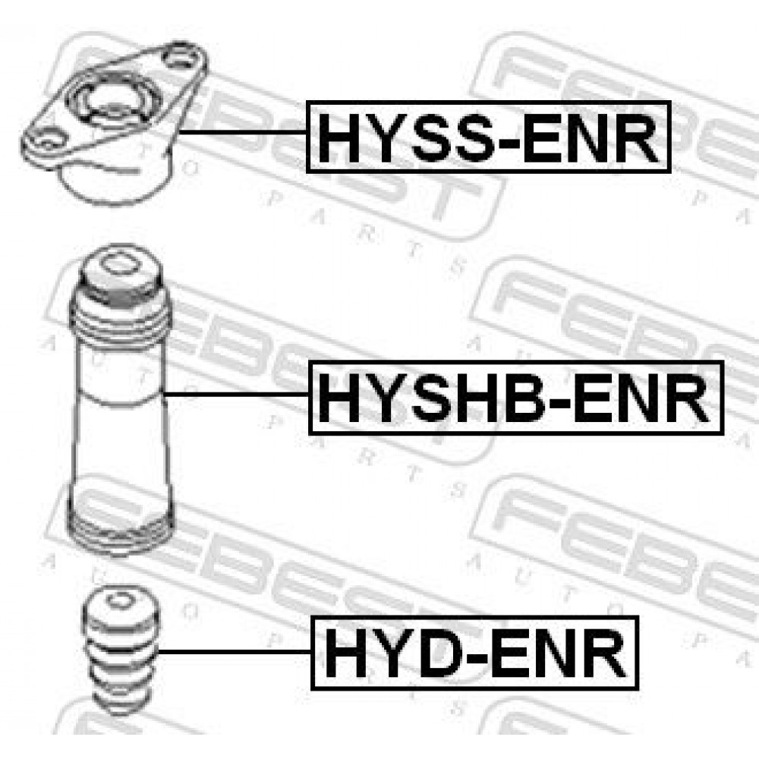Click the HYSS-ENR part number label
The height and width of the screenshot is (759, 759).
(x=488, y=137)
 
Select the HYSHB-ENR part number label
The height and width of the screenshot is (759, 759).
(x=516, y=398)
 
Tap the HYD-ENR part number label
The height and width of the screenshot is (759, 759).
(x=474, y=653)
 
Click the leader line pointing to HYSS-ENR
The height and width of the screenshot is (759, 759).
(x=243, y=131)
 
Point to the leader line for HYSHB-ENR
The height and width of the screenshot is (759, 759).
(x=236, y=395)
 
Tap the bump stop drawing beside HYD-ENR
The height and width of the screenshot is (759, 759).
(x=120, y=651)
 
